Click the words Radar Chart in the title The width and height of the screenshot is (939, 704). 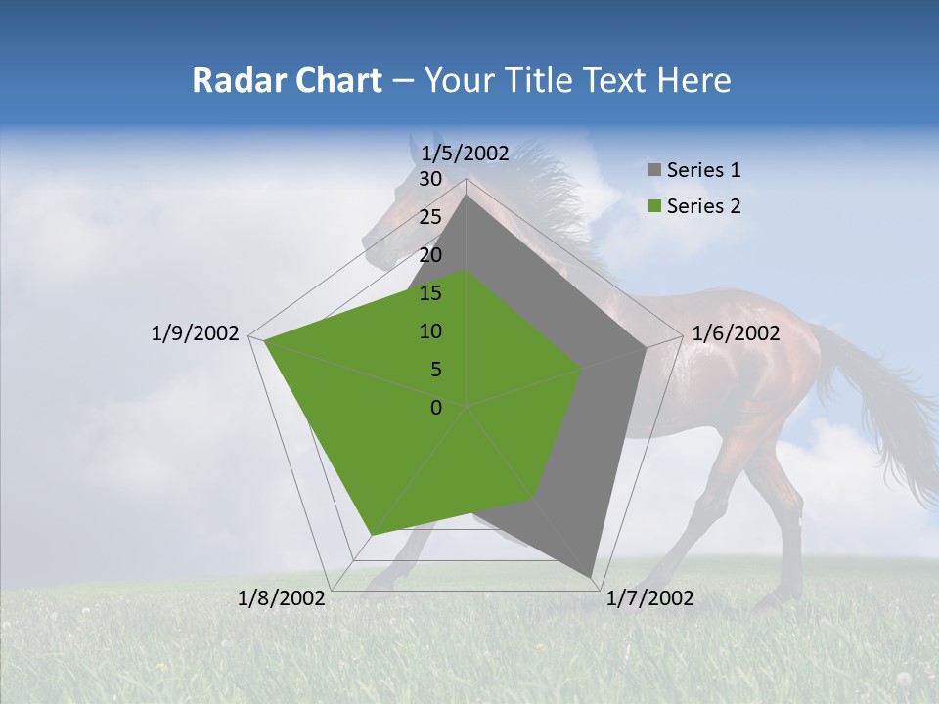point(287,81)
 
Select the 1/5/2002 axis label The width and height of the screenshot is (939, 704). point(466,153)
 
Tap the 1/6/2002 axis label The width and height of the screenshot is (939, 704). point(736,333)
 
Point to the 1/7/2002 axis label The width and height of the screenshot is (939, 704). point(649,598)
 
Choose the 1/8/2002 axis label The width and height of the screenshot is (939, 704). point(282,598)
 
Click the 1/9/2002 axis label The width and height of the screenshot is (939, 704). point(196,333)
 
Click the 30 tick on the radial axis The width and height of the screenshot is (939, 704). point(430,179)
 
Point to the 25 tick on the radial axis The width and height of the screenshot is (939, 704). point(430,217)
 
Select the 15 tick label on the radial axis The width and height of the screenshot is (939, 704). point(430,293)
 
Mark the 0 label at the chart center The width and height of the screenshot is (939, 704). point(436,408)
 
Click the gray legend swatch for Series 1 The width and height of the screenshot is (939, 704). point(654,170)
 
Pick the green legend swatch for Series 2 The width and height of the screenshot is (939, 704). point(654,206)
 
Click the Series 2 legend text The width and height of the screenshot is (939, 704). point(703,206)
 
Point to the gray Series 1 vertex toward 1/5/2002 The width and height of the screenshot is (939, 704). point(467,195)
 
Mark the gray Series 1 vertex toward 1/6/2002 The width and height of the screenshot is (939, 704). point(647,348)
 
